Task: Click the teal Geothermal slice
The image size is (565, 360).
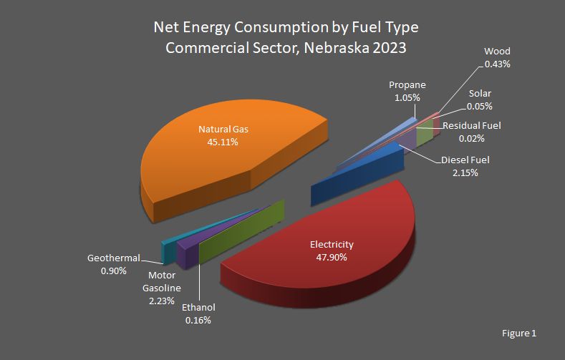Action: coord(168,250)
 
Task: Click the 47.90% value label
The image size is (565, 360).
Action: coord(332,257)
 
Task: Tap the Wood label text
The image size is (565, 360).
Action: coord(497,52)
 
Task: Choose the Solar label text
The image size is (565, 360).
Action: coord(480,94)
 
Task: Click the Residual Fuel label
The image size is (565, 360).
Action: coord(471,125)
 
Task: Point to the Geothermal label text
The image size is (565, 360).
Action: coord(113,258)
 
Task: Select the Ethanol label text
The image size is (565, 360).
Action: coord(198,308)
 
